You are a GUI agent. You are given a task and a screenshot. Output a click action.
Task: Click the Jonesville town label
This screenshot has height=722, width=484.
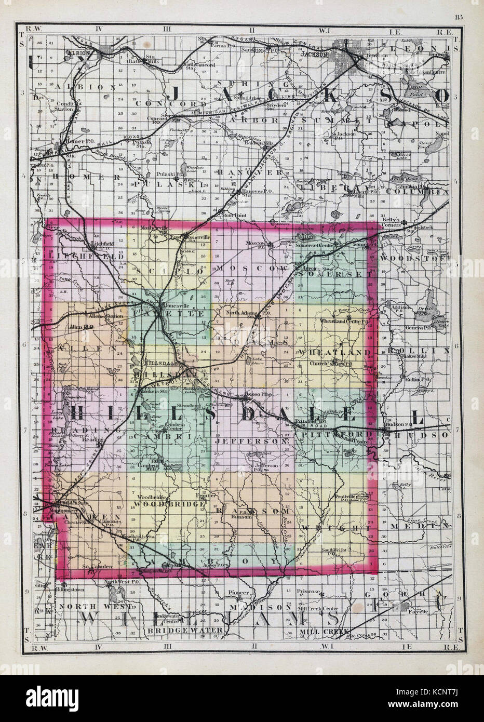[174, 306]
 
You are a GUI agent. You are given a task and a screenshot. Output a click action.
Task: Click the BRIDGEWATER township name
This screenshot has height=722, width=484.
[187, 630]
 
